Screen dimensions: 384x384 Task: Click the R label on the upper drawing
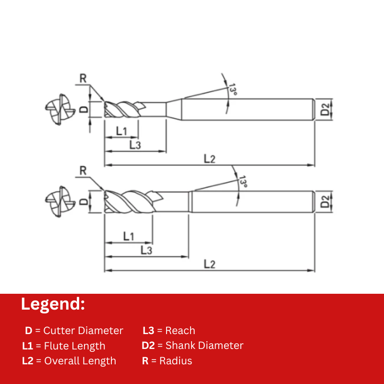click(x=83, y=79)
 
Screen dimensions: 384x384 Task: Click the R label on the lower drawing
click(x=83, y=171)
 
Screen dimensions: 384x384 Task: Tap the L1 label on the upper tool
click(x=121, y=131)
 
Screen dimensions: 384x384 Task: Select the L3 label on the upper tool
click(x=135, y=145)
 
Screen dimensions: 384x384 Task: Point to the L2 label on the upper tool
click(x=210, y=159)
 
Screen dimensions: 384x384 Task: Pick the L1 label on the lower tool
click(x=129, y=236)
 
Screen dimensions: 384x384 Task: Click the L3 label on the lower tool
click(x=146, y=250)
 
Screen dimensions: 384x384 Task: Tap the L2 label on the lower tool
click(x=210, y=264)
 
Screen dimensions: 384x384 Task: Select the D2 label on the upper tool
click(x=325, y=109)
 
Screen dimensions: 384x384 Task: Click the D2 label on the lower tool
click(x=325, y=202)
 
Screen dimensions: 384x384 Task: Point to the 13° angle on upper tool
click(x=233, y=90)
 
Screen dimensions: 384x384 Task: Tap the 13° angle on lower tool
click(x=243, y=181)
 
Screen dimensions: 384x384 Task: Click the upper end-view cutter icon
click(x=60, y=109)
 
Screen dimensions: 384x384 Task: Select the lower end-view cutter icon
click(x=60, y=202)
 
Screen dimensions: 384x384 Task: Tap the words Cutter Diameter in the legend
click(x=83, y=330)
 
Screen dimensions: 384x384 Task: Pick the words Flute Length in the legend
click(x=75, y=346)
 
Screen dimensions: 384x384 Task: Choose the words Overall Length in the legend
click(x=80, y=361)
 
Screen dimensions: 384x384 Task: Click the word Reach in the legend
click(x=180, y=330)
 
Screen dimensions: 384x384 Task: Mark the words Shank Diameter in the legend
click(x=204, y=345)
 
